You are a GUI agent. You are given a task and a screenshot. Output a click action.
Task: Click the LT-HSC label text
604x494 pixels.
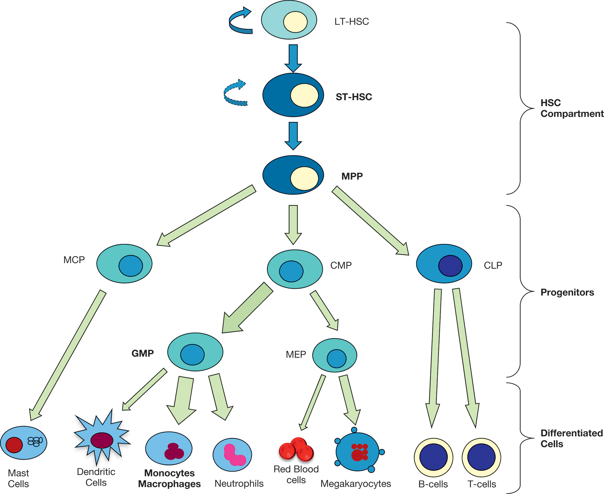point(351,22)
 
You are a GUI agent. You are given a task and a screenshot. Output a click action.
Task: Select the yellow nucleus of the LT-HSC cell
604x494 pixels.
point(295,22)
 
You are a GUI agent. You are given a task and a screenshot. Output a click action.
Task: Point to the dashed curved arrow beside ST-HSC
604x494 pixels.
point(234,94)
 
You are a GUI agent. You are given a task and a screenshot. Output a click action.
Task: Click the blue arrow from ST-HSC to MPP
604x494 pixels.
point(293,135)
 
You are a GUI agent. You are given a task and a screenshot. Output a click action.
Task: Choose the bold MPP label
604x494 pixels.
point(352,176)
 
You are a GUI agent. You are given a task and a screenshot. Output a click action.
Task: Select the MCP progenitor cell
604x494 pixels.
point(124,263)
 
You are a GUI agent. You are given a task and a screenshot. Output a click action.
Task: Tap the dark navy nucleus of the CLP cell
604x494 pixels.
point(450,266)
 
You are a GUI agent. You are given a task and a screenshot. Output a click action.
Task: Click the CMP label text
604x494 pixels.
point(341,265)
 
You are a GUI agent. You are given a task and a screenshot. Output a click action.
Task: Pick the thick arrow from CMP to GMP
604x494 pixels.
point(248,308)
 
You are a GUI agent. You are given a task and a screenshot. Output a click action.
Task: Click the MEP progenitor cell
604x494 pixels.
point(335,355)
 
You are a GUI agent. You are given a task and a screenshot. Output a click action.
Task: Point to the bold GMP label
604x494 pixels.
point(143,353)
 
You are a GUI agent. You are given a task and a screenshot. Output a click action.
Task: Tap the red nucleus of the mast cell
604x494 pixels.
point(14,445)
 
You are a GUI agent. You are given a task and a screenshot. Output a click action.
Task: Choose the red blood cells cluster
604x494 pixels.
point(297,450)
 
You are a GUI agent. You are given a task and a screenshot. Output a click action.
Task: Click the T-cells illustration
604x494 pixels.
point(481,457)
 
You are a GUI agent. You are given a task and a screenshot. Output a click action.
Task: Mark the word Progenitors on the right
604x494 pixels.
point(567,292)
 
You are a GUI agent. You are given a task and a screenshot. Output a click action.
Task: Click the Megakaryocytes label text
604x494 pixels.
point(356,484)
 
